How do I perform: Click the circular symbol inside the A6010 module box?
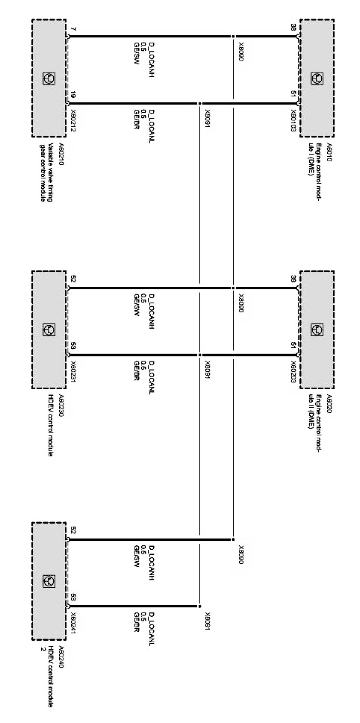(x=317, y=78)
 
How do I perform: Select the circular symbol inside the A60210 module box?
(x=49, y=78)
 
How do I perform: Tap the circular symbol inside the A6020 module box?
(x=317, y=329)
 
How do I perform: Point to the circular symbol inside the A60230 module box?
(x=49, y=329)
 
